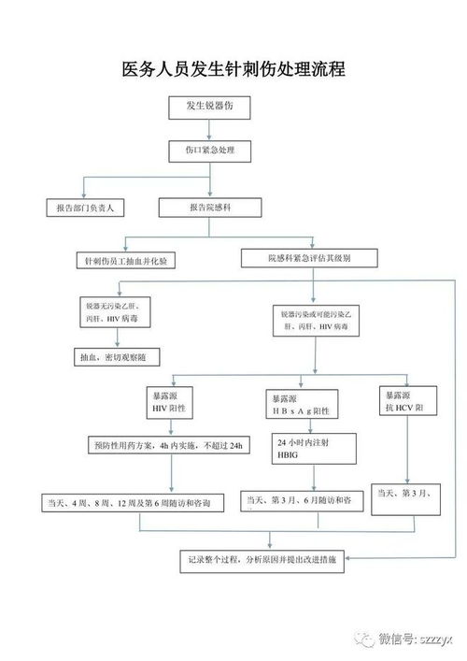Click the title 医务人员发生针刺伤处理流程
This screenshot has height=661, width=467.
tap(233, 69)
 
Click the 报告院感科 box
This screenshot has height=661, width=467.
tap(214, 208)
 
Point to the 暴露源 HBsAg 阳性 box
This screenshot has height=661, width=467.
tap(299, 404)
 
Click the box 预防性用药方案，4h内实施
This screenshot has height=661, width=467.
tap(169, 446)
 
